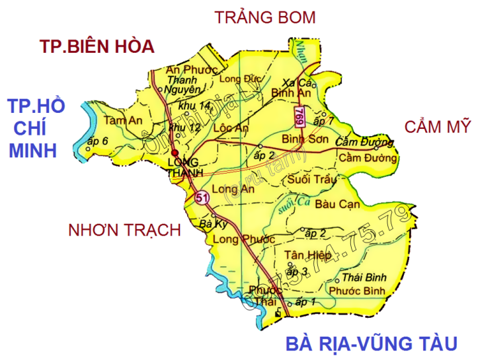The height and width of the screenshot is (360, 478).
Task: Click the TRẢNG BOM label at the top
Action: (265, 18)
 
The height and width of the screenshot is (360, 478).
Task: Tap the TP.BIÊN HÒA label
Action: (97, 46)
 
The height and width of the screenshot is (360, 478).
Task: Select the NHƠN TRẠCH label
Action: (124, 230)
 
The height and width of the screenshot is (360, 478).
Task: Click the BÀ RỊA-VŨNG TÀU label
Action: (372, 343)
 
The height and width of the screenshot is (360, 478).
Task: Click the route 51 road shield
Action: (202, 197)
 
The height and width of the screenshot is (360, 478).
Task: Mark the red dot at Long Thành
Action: (175, 153)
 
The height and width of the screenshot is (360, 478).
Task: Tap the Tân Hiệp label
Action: (301, 256)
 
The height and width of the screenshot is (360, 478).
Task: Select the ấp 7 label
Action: (324, 120)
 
